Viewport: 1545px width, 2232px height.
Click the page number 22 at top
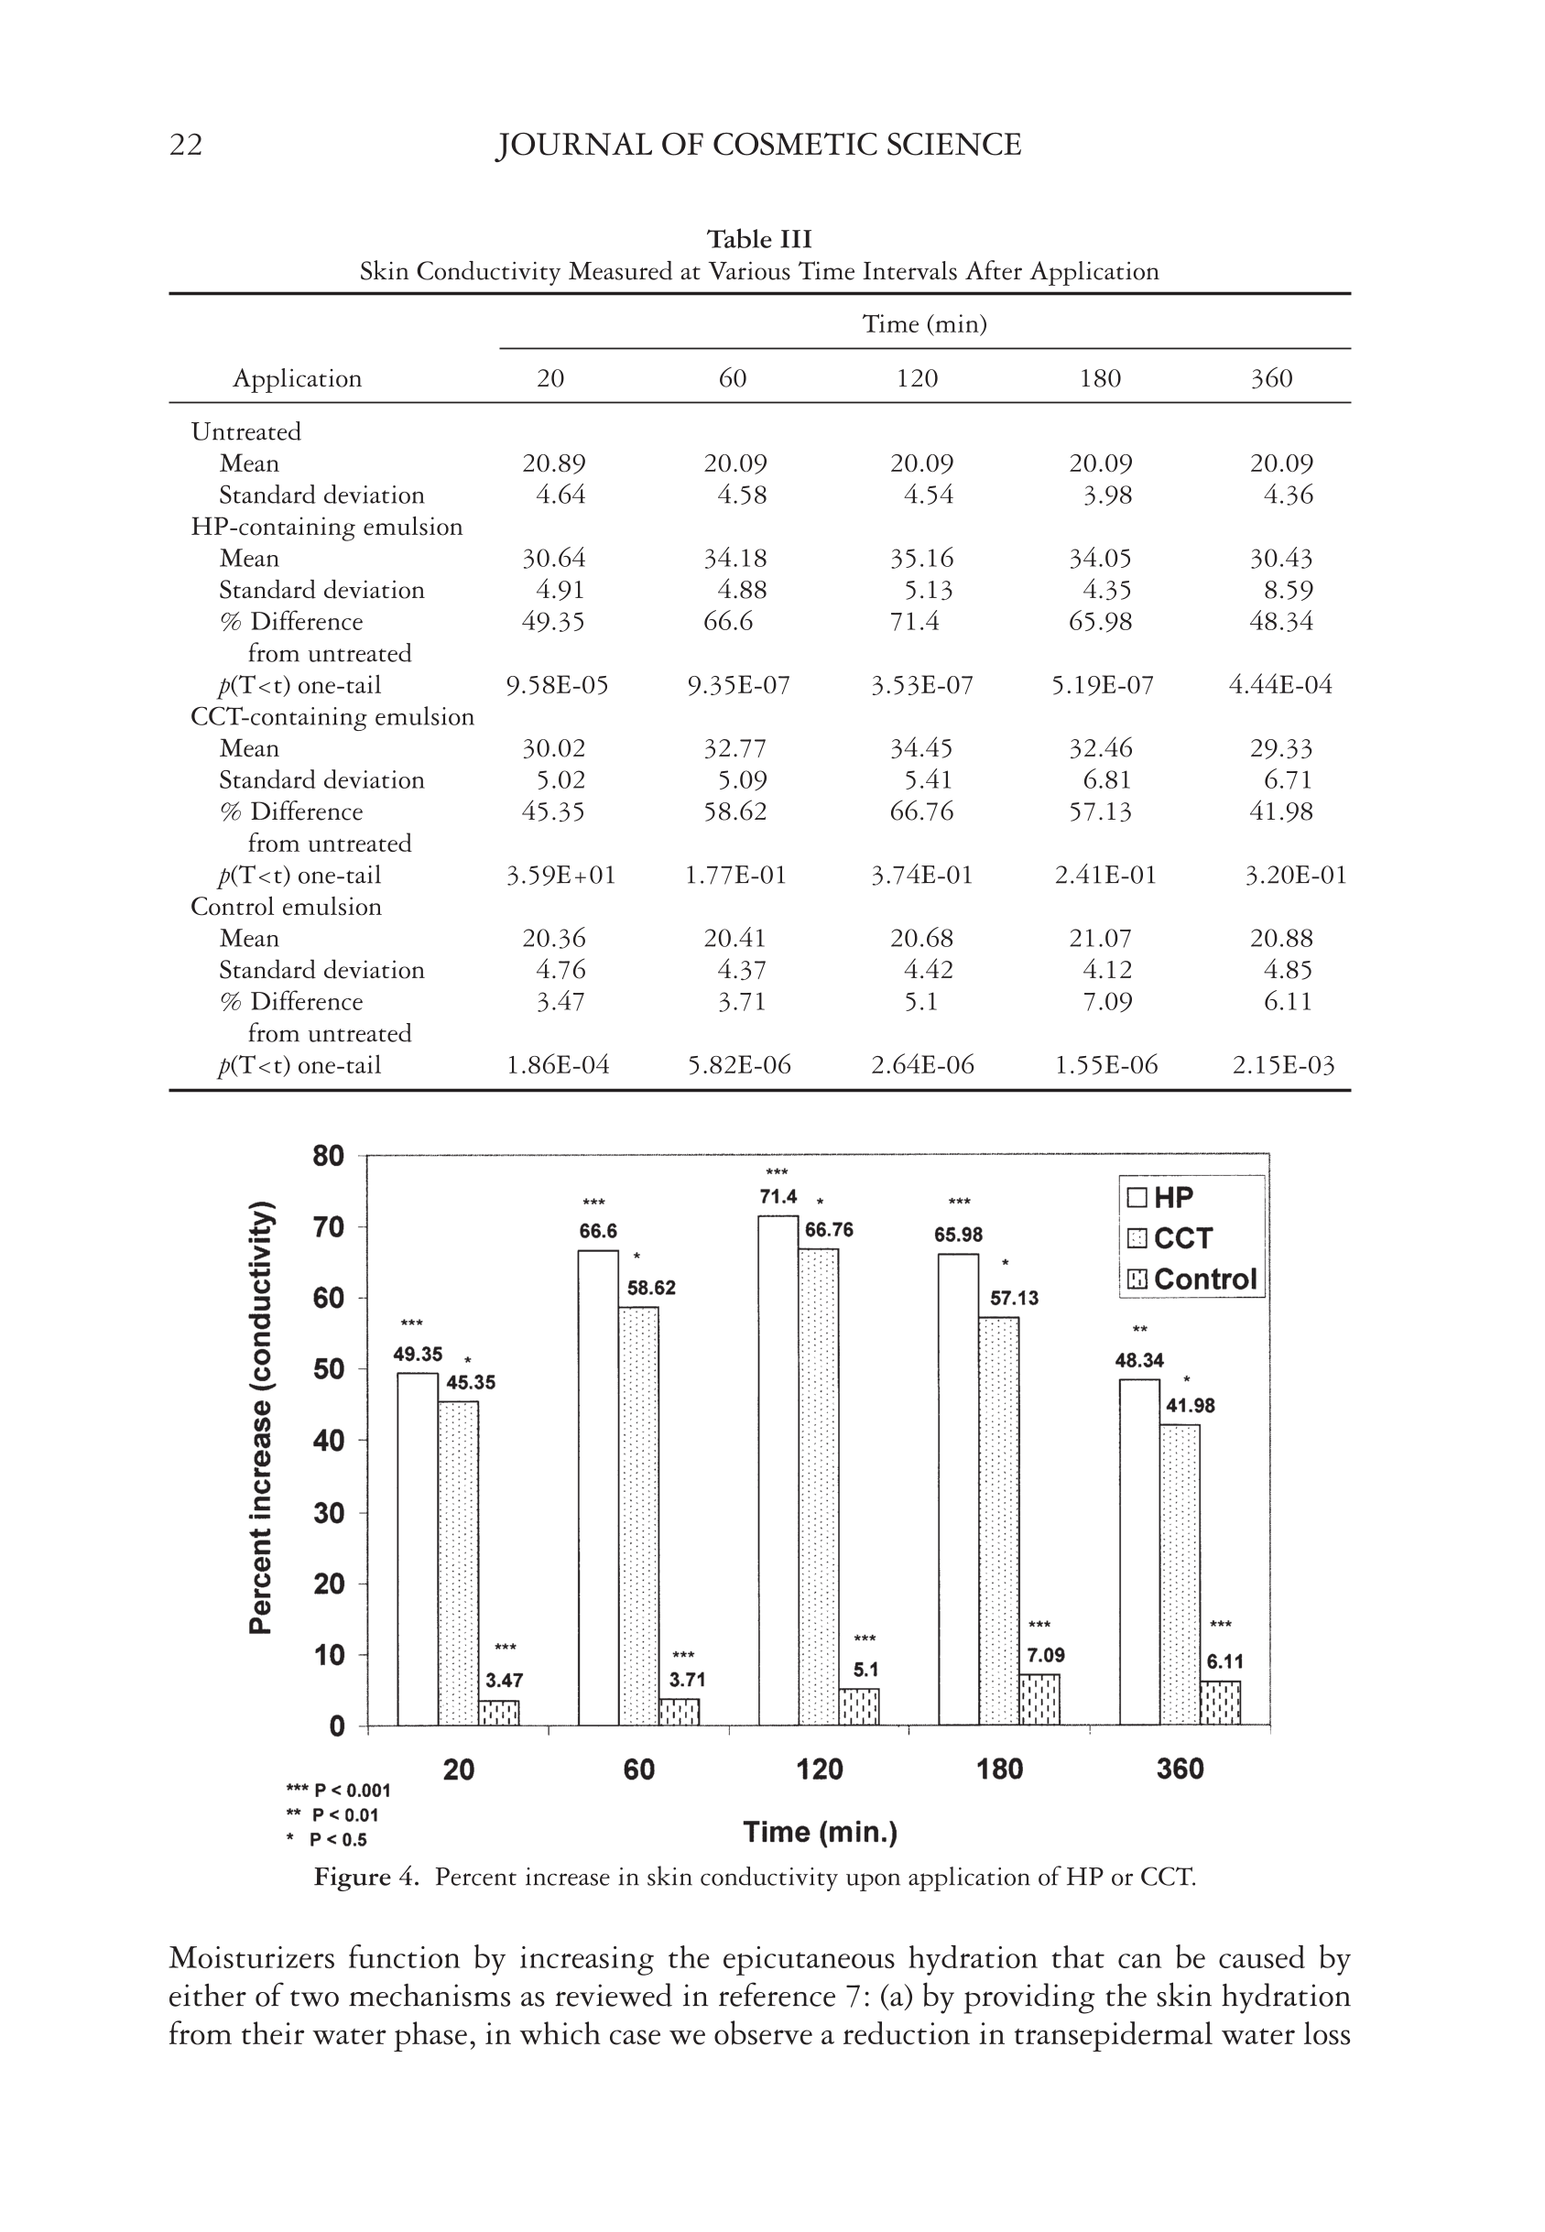click(x=186, y=146)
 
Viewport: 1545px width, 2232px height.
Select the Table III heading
click(x=759, y=239)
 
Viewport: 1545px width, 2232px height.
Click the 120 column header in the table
click(x=916, y=378)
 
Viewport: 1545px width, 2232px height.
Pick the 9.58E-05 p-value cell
click(x=557, y=685)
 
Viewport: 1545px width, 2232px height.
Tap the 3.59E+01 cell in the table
click(x=560, y=875)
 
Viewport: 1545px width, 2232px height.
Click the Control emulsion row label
click(x=286, y=907)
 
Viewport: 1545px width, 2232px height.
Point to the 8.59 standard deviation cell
click(x=1288, y=590)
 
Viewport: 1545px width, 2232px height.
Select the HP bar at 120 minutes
click(x=778, y=1471)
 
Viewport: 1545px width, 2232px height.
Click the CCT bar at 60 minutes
click(x=638, y=1516)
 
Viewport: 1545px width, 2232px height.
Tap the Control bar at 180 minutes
click(x=1039, y=1700)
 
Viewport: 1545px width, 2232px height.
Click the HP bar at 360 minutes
click(x=1139, y=1552)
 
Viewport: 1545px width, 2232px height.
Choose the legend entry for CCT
click(x=1170, y=1238)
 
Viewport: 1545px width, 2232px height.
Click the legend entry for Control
click(x=1191, y=1279)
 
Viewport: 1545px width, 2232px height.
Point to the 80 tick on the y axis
click(x=329, y=1156)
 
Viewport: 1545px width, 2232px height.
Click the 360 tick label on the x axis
click(x=1181, y=1769)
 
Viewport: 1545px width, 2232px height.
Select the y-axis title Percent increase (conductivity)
click(x=260, y=1417)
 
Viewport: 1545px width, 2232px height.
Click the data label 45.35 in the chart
click(x=471, y=1383)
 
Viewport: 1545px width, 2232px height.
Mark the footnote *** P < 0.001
click(x=339, y=1791)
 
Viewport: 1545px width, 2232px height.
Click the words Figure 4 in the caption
click(x=366, y=1878)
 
